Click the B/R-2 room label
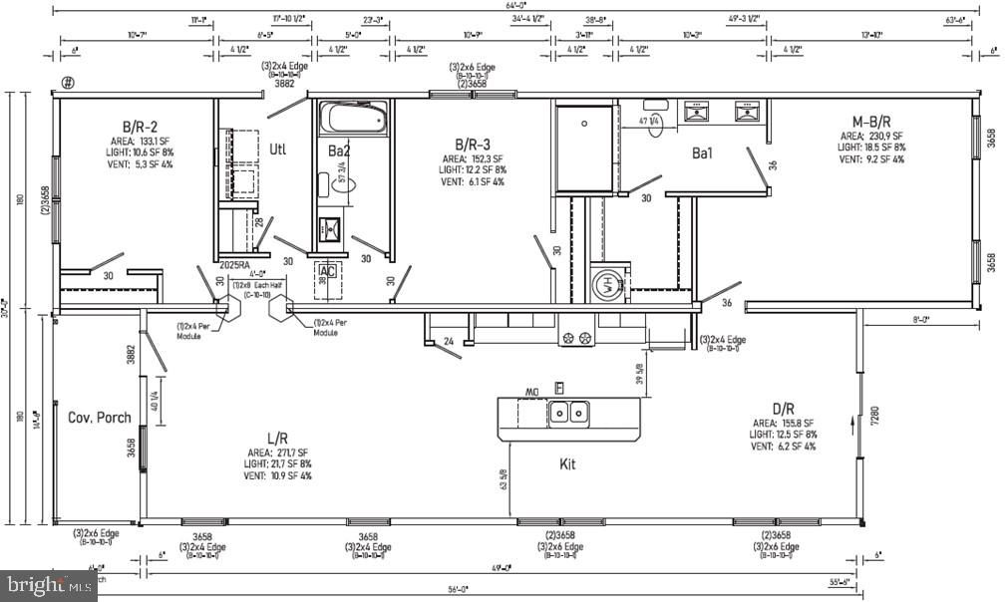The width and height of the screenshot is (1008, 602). point(140,127)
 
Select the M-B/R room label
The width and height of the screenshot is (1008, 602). point(864,122)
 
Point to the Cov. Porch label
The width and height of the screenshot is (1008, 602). point(99,417)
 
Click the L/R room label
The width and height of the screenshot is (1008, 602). point(278,439)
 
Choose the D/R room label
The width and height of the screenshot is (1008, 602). point(783,408)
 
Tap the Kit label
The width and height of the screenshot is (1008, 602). point(567,463)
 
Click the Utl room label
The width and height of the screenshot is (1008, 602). point(278,150)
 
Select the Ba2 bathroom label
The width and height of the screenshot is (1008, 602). point(339,150)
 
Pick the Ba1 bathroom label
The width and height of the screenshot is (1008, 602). point(707,153)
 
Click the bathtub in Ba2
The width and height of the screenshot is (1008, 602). point(352,119)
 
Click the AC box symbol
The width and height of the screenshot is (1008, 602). point(327,270)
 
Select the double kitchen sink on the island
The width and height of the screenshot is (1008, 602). point(570,412)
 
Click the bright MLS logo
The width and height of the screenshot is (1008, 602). point(48,586)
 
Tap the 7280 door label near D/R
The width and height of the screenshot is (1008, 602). point(874,416)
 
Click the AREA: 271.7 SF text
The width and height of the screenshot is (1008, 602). point(279,451)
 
